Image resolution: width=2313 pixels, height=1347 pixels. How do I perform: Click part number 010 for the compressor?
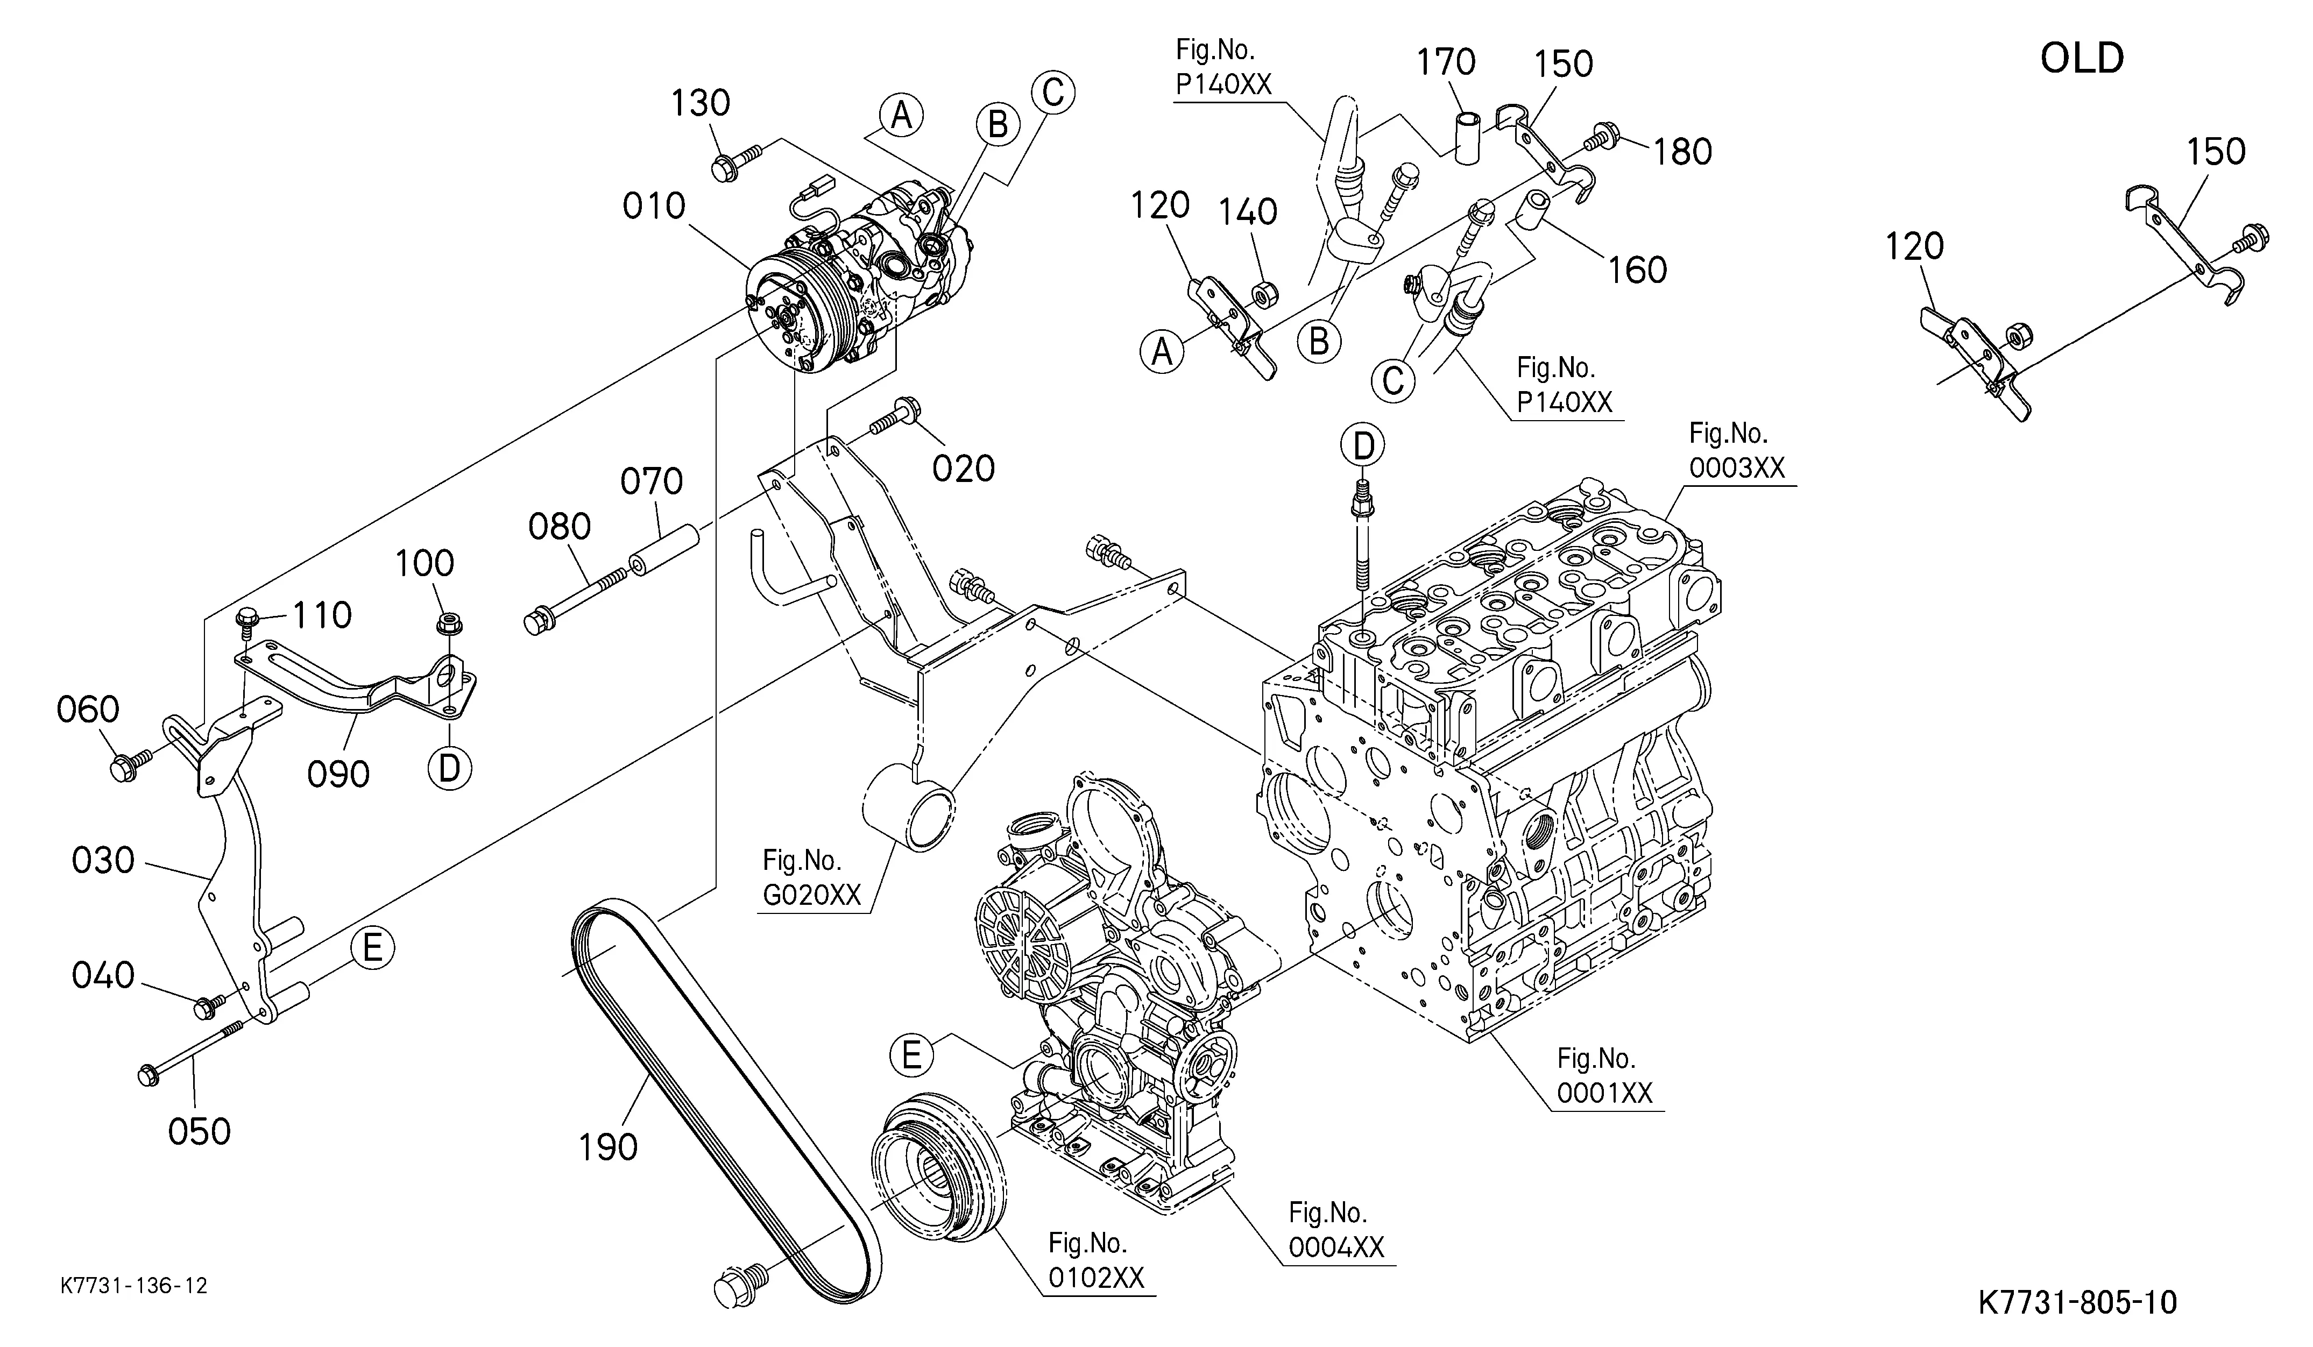[x=654, y=207]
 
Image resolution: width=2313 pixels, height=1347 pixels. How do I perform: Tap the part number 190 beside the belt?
[x=607, y=1147]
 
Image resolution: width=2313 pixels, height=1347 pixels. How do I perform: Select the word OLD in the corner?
[x=2082, y=59]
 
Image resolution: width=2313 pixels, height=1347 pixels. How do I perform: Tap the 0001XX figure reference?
[x=1604, y=1093]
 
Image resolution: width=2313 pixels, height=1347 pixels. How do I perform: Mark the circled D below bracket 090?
[x=449, y=768]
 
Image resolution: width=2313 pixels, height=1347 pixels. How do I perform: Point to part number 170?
[x=1446, y=62]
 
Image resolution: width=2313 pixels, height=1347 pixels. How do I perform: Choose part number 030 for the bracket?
[x=103, y=861]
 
